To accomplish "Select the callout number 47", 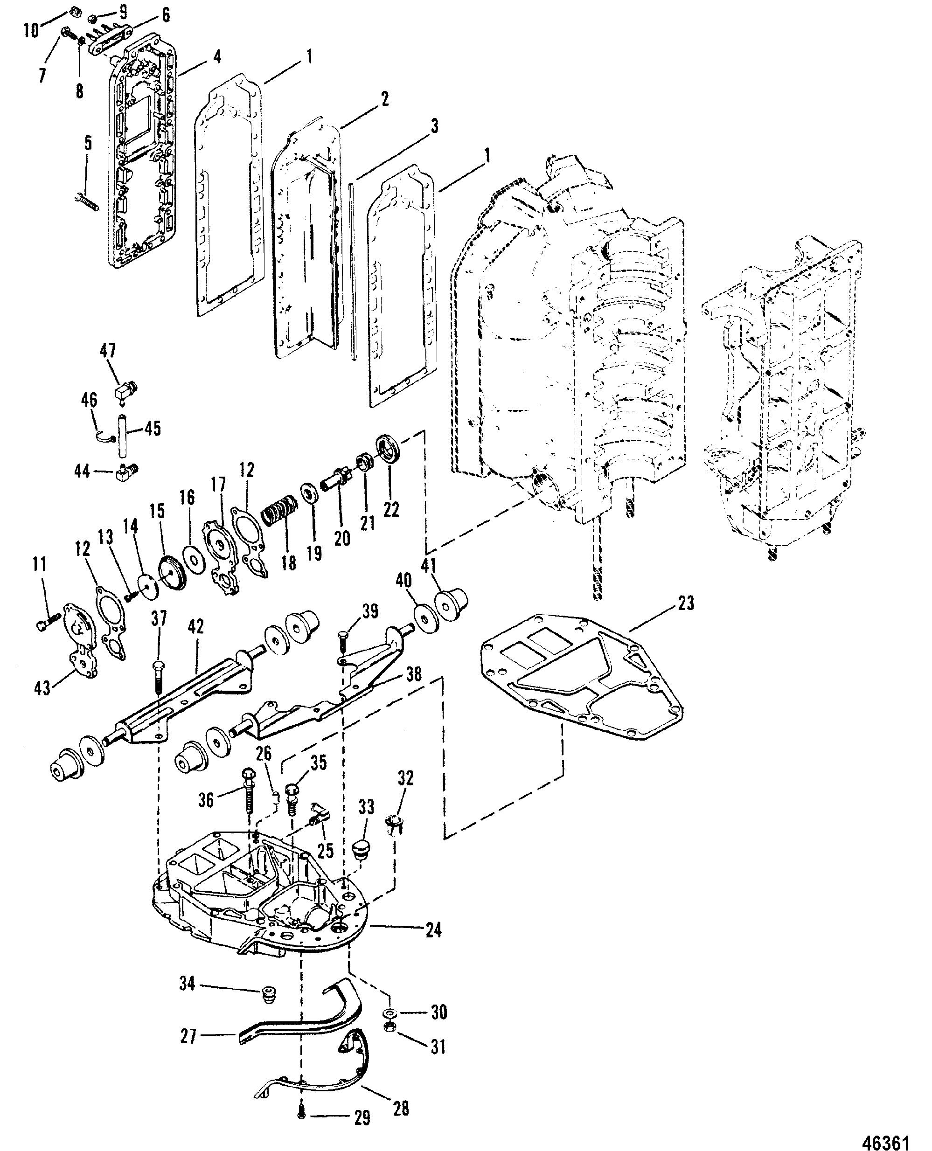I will coord(107,352).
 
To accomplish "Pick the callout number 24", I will coord(433,930).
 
